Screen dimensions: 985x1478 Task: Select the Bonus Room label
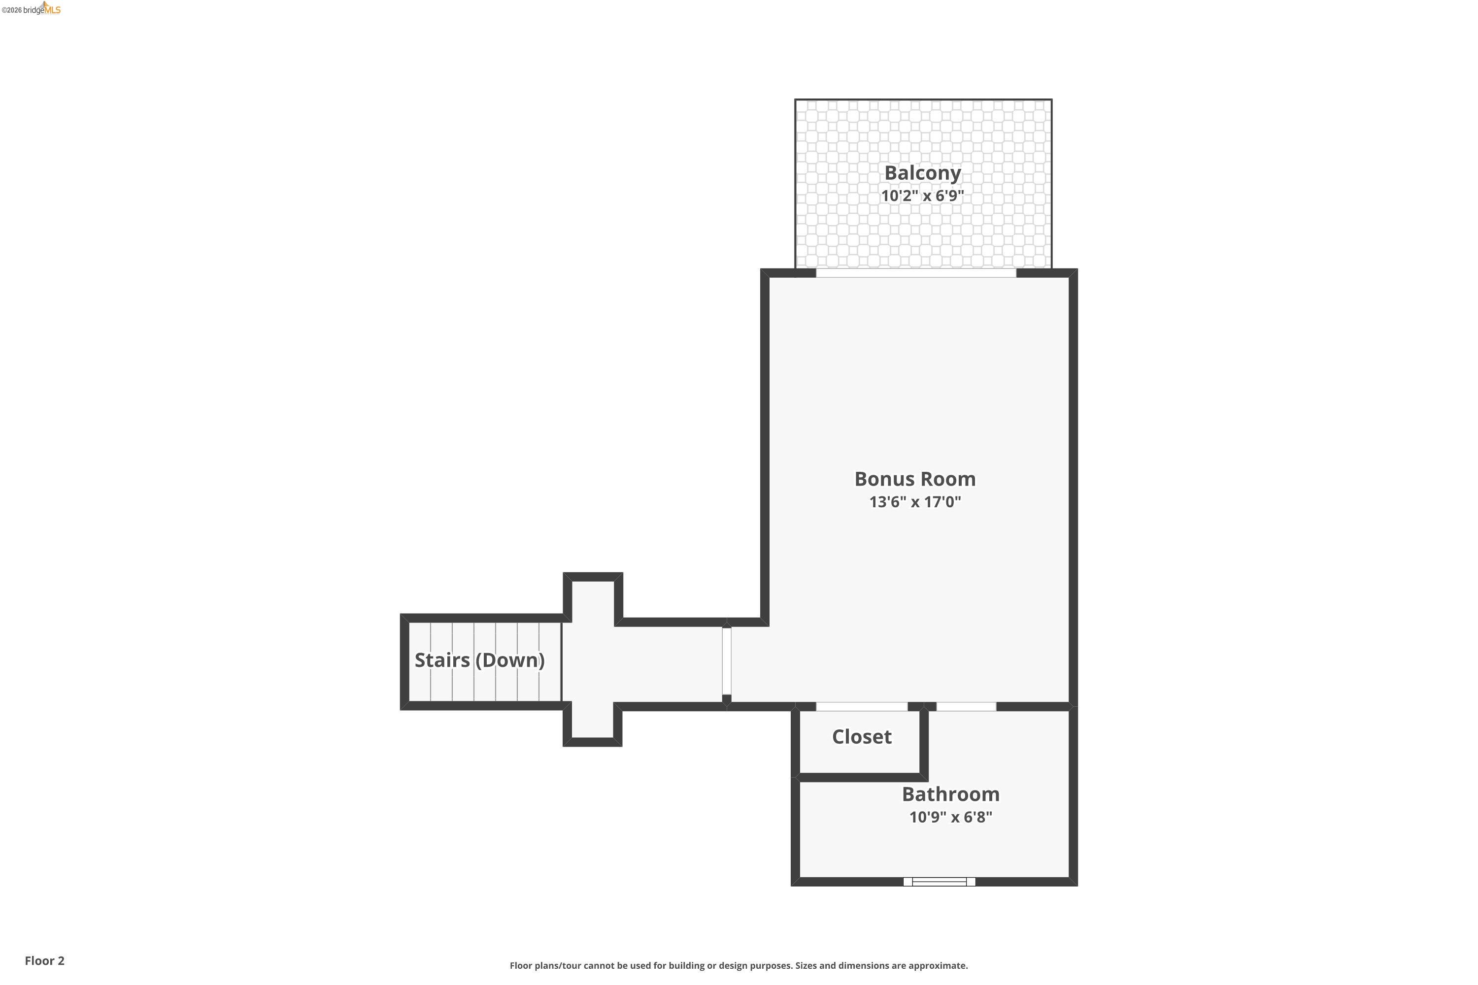click(915, 479)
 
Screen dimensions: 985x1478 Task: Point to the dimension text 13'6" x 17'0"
click(915, 501)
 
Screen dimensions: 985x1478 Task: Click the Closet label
click(862, 736)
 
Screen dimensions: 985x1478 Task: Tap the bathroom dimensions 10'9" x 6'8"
click(950, 817)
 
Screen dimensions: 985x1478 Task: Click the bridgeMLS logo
click(32, 9)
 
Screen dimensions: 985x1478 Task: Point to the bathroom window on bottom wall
click(939, 882)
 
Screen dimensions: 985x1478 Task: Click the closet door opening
click(862, 707)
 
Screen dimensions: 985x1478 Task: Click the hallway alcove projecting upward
click(593, 600)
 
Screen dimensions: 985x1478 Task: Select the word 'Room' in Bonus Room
click(947, 479)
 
